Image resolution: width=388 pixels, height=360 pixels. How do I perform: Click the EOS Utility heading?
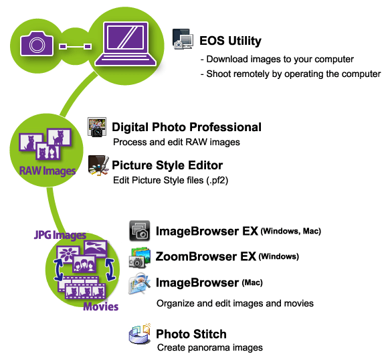tap(230, 41)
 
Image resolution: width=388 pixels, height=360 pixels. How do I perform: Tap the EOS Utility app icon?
tap(183, 39)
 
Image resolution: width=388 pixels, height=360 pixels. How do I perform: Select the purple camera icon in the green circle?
tap(37, 43)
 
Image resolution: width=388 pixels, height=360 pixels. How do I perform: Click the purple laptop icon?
tap(126, 43)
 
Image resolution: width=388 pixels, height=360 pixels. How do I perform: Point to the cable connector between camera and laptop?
tap(75, 46)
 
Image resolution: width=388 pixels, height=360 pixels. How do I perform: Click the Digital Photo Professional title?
tap(187, 127)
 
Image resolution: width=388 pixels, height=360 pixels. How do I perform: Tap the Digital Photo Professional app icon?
tap(97, 127)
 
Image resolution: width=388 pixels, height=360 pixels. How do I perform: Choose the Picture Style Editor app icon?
tap(98, 165)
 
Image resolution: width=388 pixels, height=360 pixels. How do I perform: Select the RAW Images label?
tap(47, 171)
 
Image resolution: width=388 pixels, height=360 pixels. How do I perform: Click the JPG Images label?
tap(60, 235)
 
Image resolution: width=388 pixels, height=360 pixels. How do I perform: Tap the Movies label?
tap(101, 306)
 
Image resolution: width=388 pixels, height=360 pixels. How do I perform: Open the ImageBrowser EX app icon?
tap(140, 231)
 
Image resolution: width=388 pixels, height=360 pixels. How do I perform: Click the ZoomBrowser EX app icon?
tap(140, 257)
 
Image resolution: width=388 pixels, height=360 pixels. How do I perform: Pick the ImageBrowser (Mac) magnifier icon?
tap(139, 284)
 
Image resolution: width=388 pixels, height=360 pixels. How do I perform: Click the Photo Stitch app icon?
tap(140, 334)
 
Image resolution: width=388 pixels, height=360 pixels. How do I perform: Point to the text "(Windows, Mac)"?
tap(291, 232)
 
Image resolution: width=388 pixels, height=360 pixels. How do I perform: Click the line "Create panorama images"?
tap(210, 348)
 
